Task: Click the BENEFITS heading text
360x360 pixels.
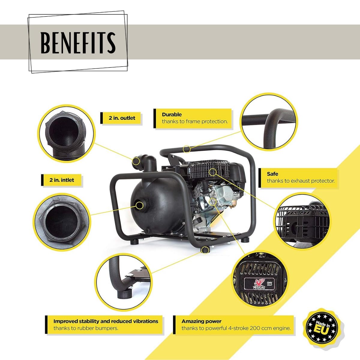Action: (78, 43)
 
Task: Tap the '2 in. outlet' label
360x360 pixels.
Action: (122, 118)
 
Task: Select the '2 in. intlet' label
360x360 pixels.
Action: (62, 180)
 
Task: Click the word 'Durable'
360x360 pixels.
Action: (172, 114)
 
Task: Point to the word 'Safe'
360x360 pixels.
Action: (272, 174)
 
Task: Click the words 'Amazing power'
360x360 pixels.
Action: (201, 321)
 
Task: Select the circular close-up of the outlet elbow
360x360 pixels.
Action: (66, 133)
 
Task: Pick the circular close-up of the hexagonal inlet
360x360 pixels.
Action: (62, 222)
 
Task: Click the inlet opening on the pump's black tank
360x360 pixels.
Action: (139, 205)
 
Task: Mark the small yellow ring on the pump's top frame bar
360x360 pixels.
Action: (186, 149)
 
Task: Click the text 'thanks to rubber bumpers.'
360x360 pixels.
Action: (86, 328)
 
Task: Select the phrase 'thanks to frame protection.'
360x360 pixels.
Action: (195, 121)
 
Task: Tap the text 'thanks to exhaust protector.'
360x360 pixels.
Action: (301, 181)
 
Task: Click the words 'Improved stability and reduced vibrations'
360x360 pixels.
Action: (106, 321)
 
